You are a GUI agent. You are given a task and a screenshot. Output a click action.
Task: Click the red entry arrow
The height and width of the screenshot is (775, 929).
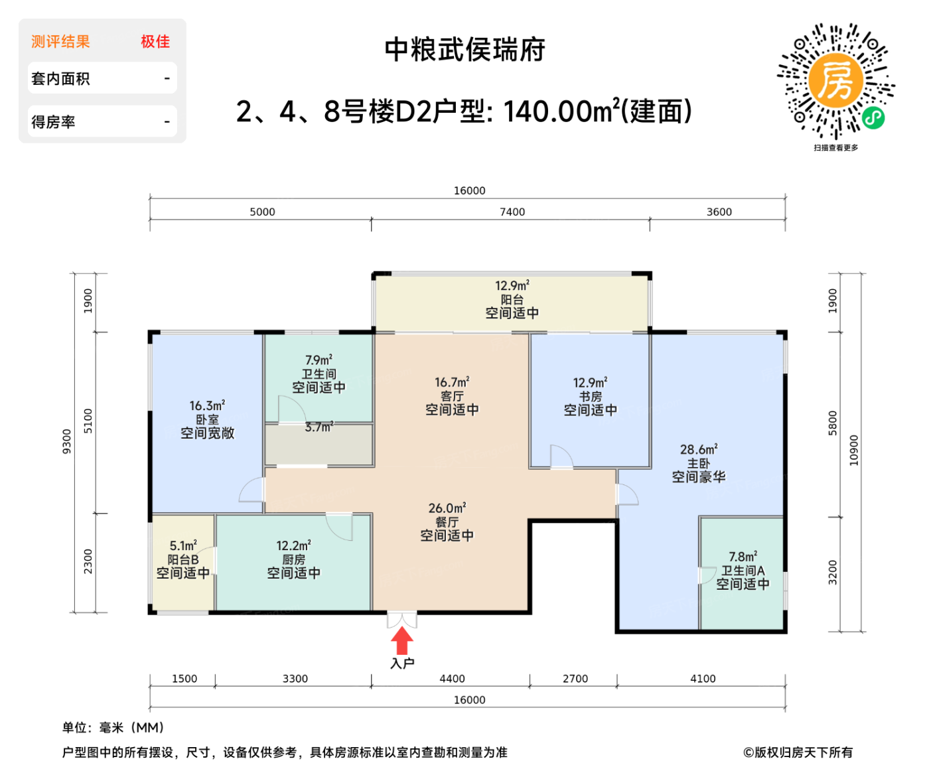click(x=401, y=641)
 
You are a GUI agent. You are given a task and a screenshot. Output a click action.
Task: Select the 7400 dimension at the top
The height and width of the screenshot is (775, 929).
click(x=512, y=212)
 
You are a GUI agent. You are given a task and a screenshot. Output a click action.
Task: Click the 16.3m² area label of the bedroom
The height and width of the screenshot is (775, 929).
click(x=207, y=405)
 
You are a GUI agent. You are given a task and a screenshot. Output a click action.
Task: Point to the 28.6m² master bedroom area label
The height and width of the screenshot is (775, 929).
click(x=699, y=449)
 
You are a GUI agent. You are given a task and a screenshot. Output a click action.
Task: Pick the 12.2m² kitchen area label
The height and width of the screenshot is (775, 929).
click(x=293, y=545)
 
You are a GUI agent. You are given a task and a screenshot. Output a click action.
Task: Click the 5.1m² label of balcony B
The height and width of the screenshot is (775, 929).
click(x=183, y=545)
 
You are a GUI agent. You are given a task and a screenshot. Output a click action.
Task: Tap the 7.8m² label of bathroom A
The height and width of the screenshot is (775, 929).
click(x=743, y=557)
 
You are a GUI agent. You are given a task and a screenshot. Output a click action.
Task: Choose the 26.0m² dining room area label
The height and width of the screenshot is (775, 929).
click(x=447, y=508)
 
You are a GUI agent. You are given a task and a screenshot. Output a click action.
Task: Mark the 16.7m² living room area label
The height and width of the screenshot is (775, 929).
click(x=452, y=382)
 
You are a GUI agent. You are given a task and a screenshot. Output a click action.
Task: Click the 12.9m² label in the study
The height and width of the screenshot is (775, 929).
click(x=590, y=383)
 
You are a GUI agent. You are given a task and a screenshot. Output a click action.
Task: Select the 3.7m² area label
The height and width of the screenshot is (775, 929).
click(x=319, y=427)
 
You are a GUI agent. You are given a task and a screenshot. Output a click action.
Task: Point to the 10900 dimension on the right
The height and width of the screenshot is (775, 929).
click(x=854, y=450)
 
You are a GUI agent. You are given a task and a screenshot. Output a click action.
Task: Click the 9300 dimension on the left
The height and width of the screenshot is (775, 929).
click(x=66, y=441)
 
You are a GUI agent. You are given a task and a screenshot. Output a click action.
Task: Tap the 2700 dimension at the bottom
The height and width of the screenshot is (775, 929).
click(x=575, y=679)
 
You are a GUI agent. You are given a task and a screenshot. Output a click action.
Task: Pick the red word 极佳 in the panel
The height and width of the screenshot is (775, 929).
click(x=155, y=42)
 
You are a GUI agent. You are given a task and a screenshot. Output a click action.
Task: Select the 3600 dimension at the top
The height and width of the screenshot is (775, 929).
click(x=719, y=212)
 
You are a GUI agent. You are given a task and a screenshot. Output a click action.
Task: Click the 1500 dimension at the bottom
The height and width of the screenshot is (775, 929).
click(x=184, y=679)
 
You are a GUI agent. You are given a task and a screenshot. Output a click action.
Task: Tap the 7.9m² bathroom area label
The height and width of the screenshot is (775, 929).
click(x=319, y=360)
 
